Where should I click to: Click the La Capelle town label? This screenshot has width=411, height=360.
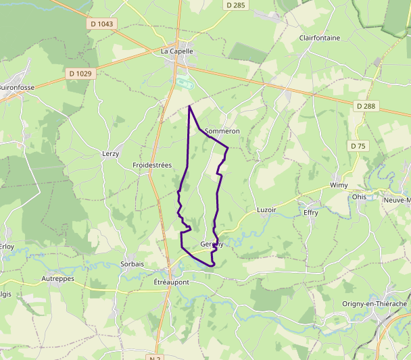(x=177, y=51)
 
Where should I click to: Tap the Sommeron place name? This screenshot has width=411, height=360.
(x=222, y=130)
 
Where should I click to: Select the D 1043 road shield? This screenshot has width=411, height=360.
(x=102, y=24)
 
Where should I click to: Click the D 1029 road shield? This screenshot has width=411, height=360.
(x=80, y=73)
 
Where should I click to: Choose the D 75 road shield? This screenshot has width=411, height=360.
(x=358, y=146)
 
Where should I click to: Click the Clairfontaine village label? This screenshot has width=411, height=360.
(x=320, y=38)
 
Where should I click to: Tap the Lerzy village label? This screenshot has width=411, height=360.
(x=110, y=154)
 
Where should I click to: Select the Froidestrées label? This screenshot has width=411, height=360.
(x=152, y=165)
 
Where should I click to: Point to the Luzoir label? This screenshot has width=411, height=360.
(x=267, y=209)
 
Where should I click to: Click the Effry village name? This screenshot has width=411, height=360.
(x=311, y=212)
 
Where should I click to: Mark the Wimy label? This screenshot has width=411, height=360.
(x=338, y=185)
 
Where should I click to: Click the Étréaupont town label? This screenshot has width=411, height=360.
(x=172, y=282)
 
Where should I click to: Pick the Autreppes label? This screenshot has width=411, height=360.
(x=57, y=278)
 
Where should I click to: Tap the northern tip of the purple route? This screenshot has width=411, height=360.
(x=189, y=106)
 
